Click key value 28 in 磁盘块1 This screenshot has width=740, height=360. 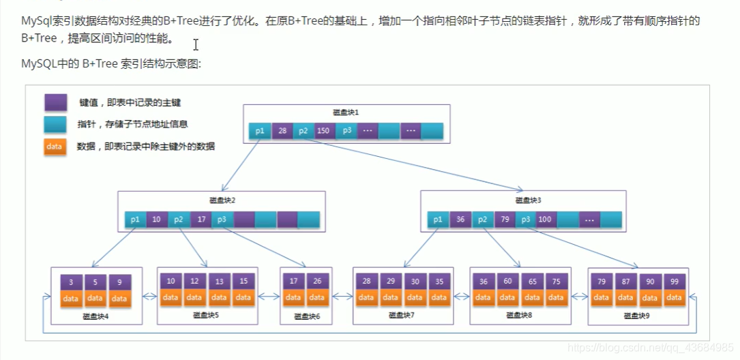coord(282,130)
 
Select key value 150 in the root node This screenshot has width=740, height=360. coord(324,130)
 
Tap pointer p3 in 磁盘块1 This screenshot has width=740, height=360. coord(347,130)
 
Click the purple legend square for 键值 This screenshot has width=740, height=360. coord(55,102)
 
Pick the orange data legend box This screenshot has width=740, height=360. coord(55,146)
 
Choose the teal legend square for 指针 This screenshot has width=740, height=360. coord(55,124)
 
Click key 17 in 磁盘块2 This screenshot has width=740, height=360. coord(201,220)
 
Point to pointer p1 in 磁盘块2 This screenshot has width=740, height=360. coord(135,220)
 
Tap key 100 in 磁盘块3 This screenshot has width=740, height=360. coord(545,220)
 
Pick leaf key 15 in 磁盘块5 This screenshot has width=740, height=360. coord(243,282)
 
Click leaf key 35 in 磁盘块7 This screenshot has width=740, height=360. coord(439,282)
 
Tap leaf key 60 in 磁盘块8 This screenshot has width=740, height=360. coord(507,282)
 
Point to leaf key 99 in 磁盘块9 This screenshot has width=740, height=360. coord(674,282)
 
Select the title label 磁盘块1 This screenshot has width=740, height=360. coord(346,112)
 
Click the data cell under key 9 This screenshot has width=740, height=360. coord(119,299)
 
